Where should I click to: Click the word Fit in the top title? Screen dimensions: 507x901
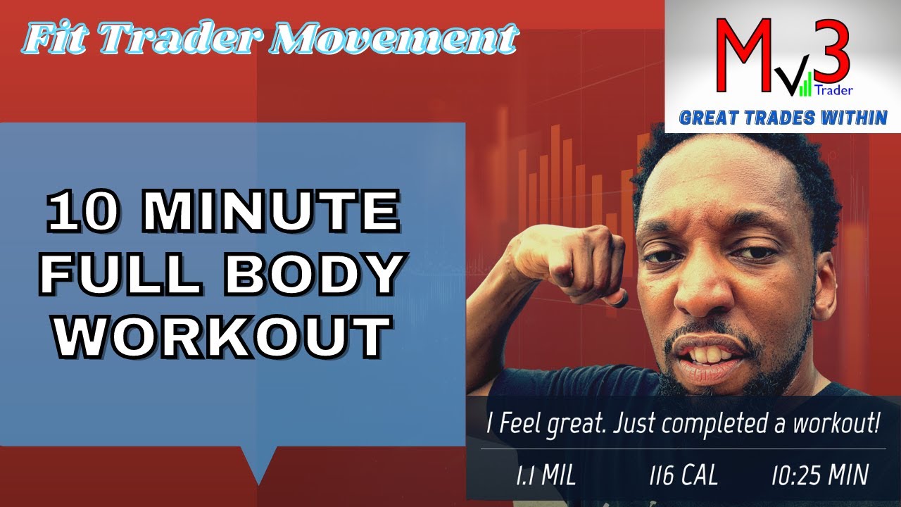pyautogui.click(x=56, y=40)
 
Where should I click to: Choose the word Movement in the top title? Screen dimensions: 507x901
pyautogui.click(x=394, y=40)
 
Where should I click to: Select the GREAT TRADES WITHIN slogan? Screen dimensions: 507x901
pyautogui.click(x=783, y=118)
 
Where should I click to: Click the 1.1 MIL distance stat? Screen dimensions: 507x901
pyautogui.click(x=546, y=475)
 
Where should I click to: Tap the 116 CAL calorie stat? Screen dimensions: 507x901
pyautogui.click(x=683, y=475)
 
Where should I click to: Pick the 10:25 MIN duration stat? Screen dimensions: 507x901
pyautogui.click(x=819, y=475)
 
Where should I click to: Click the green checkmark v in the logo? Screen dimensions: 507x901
pyautogui.click(x=795, y=83)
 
